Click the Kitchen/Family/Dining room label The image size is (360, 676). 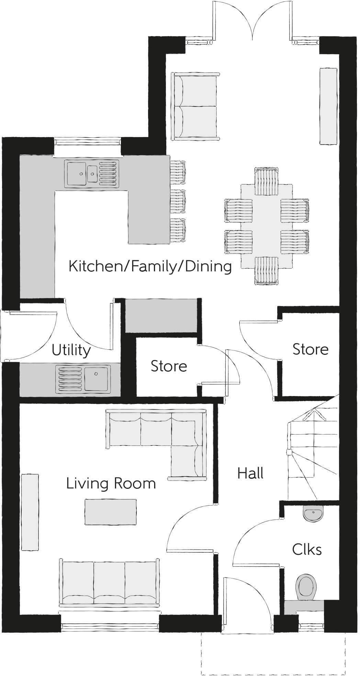150,267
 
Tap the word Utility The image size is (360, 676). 71,350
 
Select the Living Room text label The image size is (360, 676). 111,483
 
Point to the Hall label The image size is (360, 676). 250,473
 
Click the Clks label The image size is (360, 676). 307,550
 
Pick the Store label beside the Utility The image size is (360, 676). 169,366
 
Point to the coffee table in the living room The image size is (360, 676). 111,512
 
